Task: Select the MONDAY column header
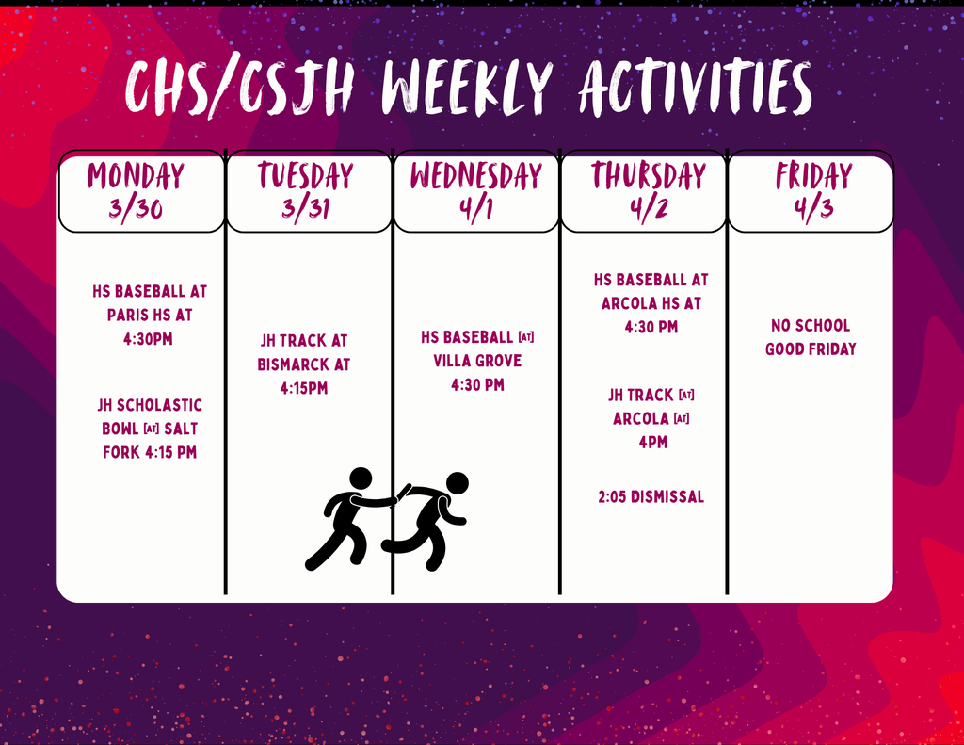pyautogui.click(x=136, y=176)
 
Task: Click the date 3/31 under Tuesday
pyautogui.click(x=306, y=208)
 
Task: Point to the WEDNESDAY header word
pyautogui.click(x=476, y=176)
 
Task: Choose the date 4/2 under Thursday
pyautogui.click(x=649, y=208)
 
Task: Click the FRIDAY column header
pyautogui.click(x=814, y=176)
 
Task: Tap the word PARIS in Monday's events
pyautogui.click(x=128, y=315)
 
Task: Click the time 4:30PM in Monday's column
pyautogui.click(x=148, y=339)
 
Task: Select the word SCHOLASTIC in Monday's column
pyautogui.click(x=159, y=405)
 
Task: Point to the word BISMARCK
pyautogui.click(x=294, y=364)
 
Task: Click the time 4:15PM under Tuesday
pyautogui.click(x=304, y=388)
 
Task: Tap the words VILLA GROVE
pyautogui.click(x=477, y=361)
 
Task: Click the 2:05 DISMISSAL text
pyautogui.click(x=651, y=496)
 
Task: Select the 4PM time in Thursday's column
pyautogui.click(x=653, y=443)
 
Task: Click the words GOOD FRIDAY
pyautogui.click(x=811, y=349)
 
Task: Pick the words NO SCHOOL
pyautogui.click(x=811, y=326)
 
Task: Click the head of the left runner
pyautogui.click(x=361, y=479)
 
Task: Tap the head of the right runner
pyautogui.click(x=457, y=483)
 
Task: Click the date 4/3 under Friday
pyautogui.click(x=814, y=208)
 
